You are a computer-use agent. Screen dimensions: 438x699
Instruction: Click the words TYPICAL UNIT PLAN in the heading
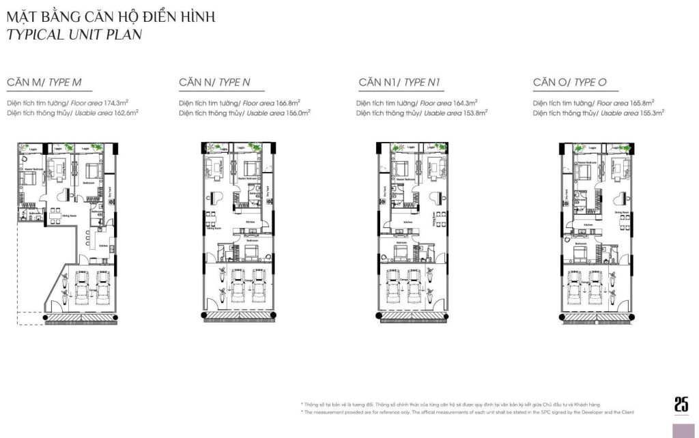pyautogui.click(x=74, y=35)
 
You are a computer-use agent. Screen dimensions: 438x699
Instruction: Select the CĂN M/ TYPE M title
pyautogui.click(x=44, y=83)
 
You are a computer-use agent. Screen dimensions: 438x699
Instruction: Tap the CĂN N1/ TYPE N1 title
pyautogui.click(x=399, y=83)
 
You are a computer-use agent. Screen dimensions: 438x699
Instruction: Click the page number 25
pyautogui.click(x=681, y=404)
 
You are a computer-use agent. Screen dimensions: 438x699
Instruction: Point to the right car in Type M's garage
pyautogui.click(x=102, y=286)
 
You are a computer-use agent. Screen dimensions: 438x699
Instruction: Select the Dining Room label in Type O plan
pyautogui.click(x=620, y=213)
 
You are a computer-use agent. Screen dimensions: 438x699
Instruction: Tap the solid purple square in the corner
pyautogui.click(x=684, y=430)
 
